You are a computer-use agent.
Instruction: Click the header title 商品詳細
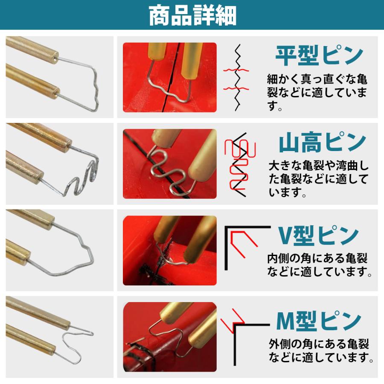click(192, 15)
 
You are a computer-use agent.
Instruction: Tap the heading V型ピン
click(318, 235)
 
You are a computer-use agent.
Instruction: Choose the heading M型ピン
click(318, 321)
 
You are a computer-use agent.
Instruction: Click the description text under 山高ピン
click(318, 179)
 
